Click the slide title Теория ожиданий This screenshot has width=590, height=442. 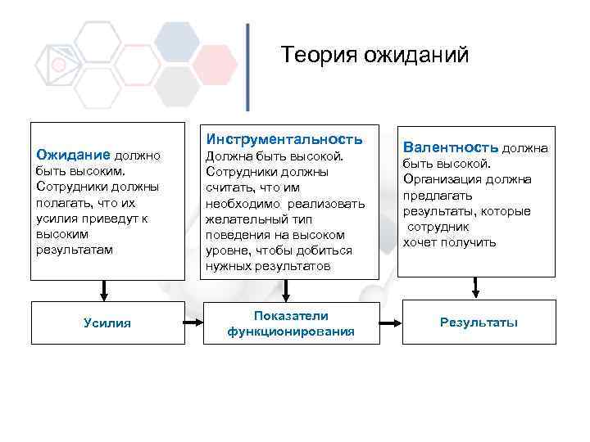374,56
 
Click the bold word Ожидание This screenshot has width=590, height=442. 74,154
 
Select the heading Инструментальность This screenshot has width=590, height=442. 284,138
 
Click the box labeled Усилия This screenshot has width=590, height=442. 107,322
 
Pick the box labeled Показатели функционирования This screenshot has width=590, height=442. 291,323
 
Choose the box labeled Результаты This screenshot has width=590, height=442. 479,322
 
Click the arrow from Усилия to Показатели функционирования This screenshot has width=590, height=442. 193,322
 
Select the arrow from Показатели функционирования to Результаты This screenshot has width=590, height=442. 392,322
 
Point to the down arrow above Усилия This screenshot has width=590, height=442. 104,290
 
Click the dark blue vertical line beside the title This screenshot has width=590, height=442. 247,67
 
